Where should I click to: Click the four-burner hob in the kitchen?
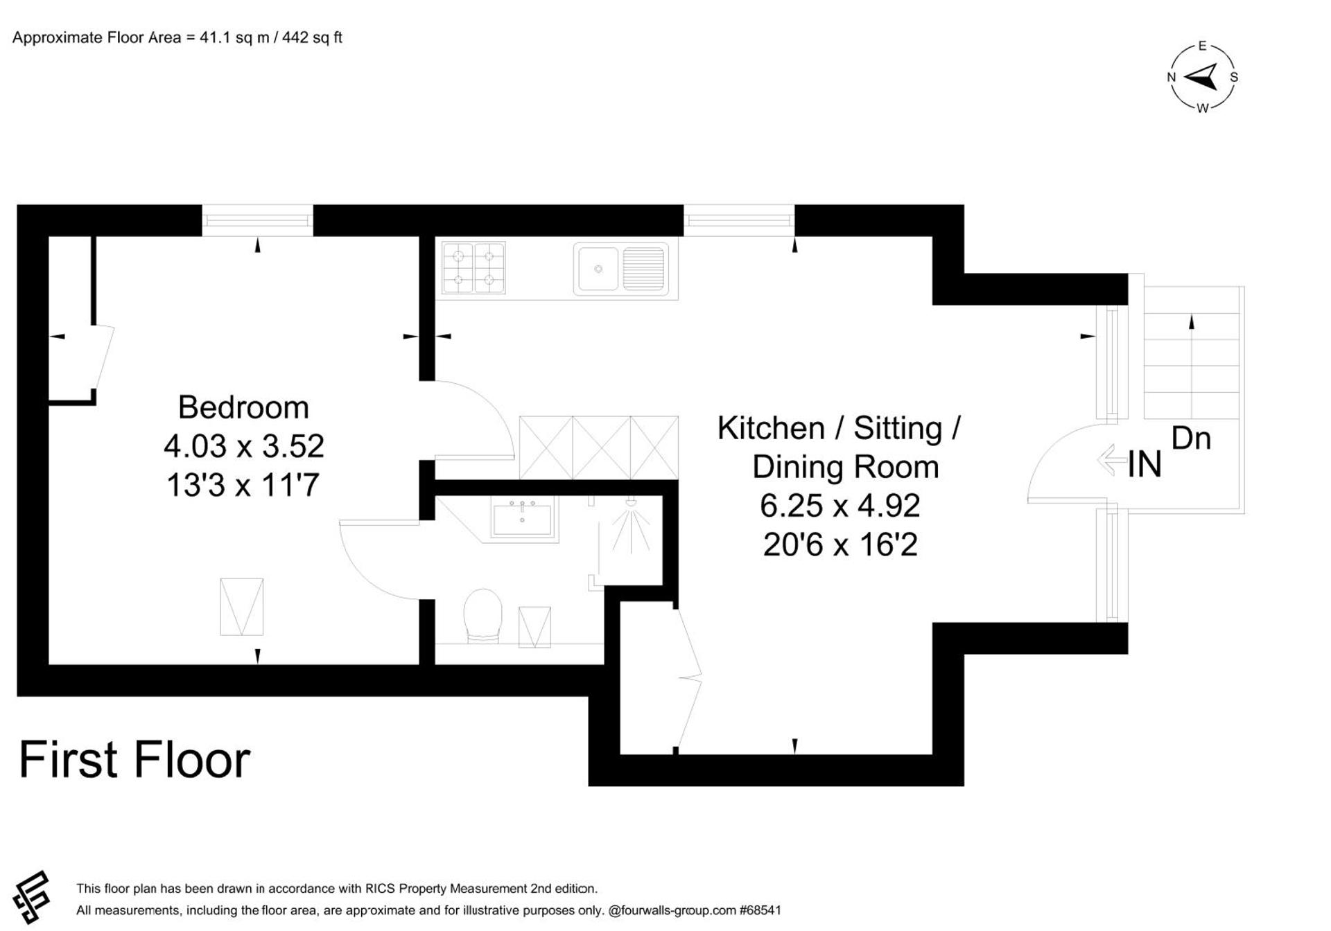pos(473,268)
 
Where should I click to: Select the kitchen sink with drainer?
pos(620,269)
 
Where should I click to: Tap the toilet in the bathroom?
pos(482,615)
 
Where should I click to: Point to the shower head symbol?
pos(631,502)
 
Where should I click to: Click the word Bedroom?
pos(243,407)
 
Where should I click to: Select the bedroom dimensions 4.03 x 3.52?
pos(243,446)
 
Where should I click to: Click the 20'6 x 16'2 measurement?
pos(840,544)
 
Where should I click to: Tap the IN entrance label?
pos(1144,464)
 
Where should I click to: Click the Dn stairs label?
pos(1191,438)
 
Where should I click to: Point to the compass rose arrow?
pos(1202,77)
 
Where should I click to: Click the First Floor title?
pos(134,760)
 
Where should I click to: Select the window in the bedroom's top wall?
pos(257,220)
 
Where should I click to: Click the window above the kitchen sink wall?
pos(738,220)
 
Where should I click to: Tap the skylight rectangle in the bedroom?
pos(241,607)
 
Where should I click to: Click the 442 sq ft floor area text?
pos(312,37)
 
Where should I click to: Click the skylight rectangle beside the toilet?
pos(534,627)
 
